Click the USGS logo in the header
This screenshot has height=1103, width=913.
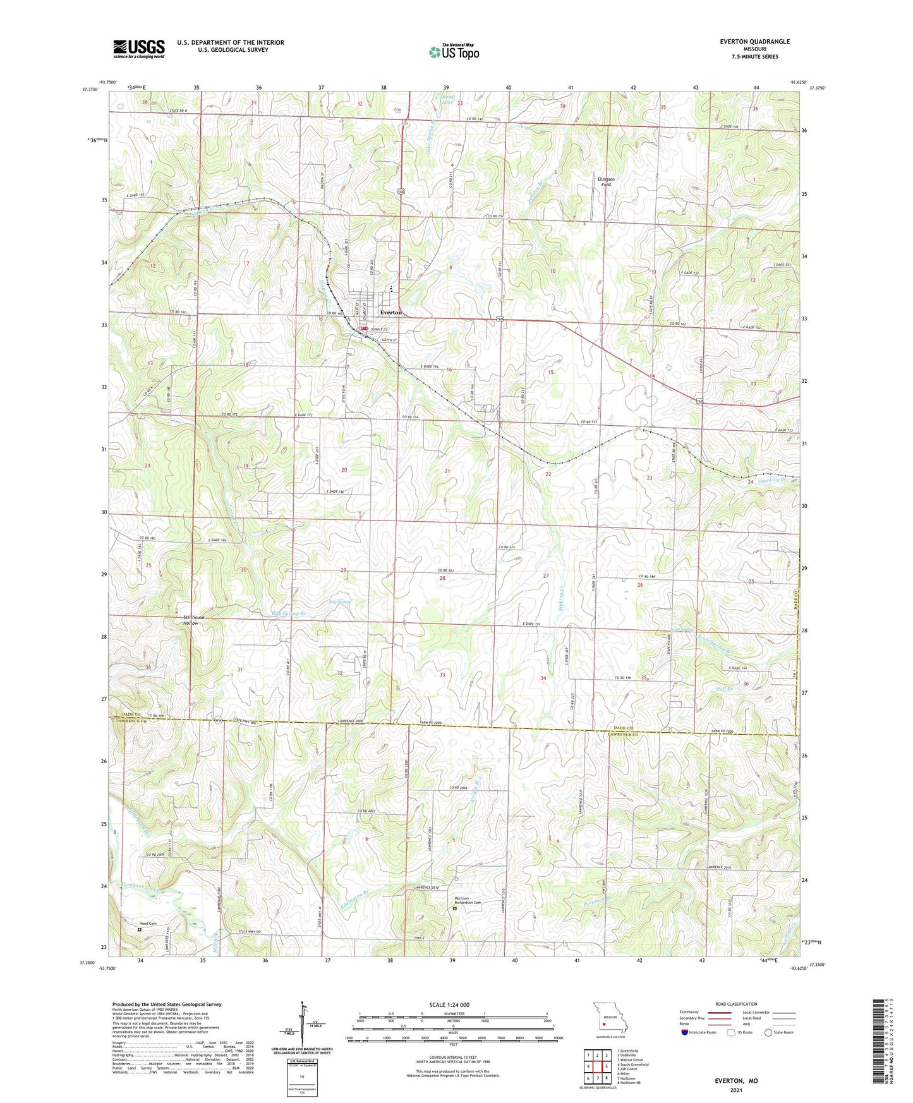[x=139, y=49]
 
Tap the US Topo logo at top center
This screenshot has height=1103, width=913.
[x=454, y=52]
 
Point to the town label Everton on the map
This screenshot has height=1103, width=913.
[x=391, y=313]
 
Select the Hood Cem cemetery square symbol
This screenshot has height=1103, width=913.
[x=140, y=930]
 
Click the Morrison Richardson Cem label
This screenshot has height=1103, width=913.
[x=468, y=902]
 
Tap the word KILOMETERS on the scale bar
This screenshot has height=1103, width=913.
[x=452, y=1014]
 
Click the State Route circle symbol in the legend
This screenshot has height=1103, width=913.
[x=768, y=1032]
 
